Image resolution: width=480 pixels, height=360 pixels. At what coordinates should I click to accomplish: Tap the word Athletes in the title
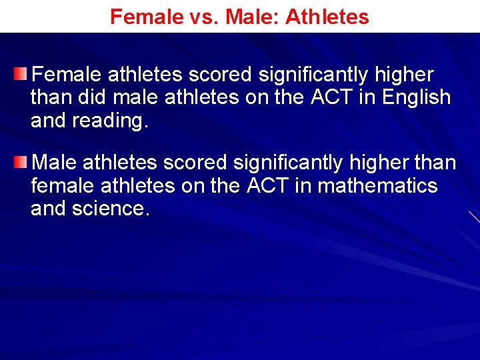click(x=327, y=17)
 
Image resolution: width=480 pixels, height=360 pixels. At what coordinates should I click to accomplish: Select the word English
click(x=417, y=97)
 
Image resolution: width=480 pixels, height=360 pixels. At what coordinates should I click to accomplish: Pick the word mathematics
click(x=377, y=185)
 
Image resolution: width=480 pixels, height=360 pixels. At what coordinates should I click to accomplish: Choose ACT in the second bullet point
click(x=269, y=185)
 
